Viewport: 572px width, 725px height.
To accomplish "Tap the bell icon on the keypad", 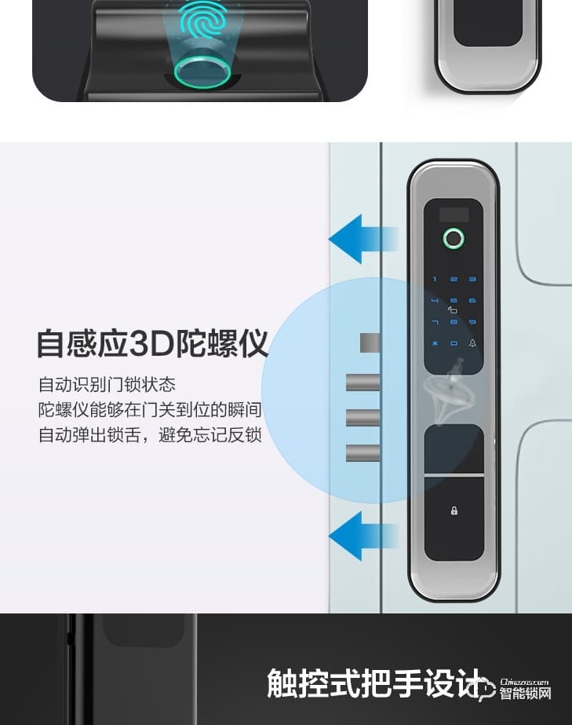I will click(472, 344).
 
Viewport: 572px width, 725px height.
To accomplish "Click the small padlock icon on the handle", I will click(454, 511).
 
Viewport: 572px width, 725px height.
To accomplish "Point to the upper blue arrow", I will click(363, 238).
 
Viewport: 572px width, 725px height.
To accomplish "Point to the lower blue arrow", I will click(363, 536).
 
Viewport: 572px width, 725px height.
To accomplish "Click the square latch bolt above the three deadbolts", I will click(370, 343).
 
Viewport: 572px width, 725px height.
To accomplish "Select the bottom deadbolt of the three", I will click(363, 453).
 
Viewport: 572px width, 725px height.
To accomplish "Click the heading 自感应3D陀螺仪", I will click(152, 344).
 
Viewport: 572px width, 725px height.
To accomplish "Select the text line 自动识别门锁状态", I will click(107, 385).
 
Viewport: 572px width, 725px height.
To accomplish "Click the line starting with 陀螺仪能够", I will click(150, 410).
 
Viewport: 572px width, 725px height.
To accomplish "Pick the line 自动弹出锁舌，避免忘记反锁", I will click(150, 435).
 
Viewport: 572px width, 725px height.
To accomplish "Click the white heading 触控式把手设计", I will click(372, 682).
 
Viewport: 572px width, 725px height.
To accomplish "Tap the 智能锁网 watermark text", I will click(525, 694).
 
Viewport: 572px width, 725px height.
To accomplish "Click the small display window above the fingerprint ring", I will click(454, 214).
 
